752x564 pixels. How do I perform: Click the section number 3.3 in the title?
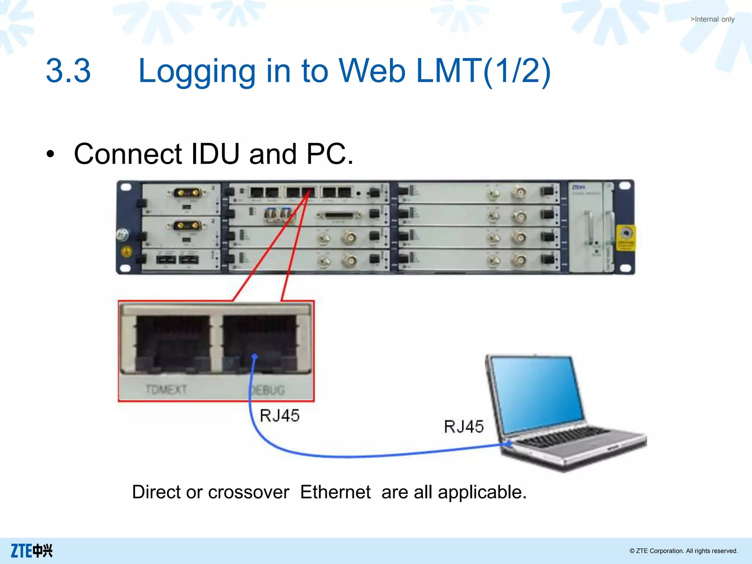pos(68,70)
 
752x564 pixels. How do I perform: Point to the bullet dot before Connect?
pos(50,154)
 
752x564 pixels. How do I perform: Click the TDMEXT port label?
pos(166,389)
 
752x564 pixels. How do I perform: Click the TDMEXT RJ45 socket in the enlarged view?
pos(173,343)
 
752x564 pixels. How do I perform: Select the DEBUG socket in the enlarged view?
pos(260,343)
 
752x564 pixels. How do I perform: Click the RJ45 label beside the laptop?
pos(464,427)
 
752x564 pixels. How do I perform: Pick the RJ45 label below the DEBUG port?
pos(279,416)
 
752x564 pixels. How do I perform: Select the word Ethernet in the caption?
pos(335,492)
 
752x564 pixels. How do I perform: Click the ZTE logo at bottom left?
pos(32,551)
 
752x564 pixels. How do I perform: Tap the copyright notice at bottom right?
pos(683,551)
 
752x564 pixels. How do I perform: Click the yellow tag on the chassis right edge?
pos(626,238)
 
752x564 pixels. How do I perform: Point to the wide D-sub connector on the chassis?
pos(339,216)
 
